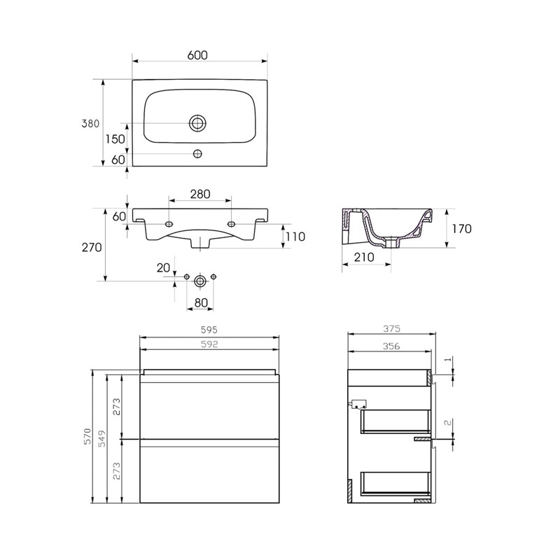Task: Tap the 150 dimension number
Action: click(115, 139)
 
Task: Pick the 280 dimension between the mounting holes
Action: click(199, 194)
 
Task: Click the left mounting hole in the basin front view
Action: click(169, 224)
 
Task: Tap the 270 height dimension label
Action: click(92, 247)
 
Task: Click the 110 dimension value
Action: click(295, 237)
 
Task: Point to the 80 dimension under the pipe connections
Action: click(201, 304)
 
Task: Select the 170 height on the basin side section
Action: click(461, 228)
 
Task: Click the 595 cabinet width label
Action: click(210, 329)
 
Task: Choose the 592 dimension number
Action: click(210, 344)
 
